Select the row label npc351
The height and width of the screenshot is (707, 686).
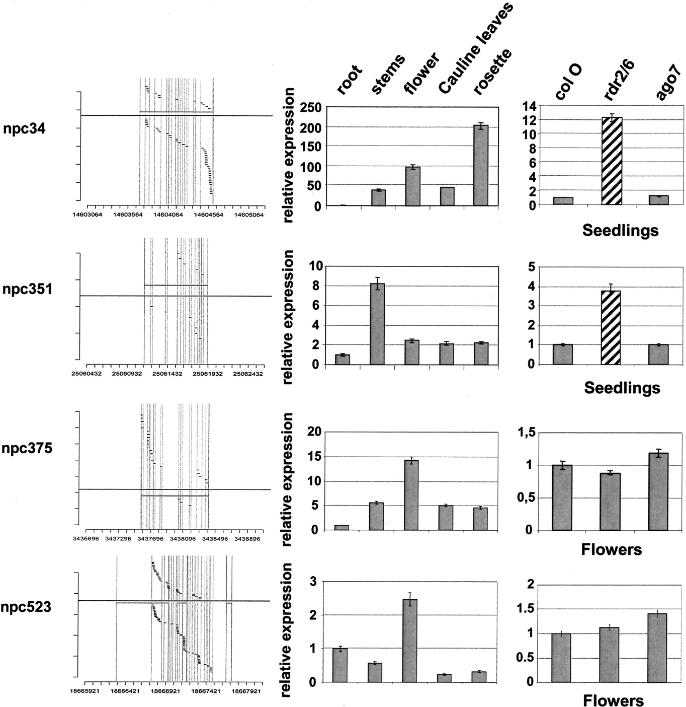point(27,290)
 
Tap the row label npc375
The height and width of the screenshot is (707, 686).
point(27,448)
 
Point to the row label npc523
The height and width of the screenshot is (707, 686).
point(26,607)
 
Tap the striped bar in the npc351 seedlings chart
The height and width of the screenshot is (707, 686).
point(611,327)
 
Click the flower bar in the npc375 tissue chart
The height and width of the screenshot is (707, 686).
point(411,495)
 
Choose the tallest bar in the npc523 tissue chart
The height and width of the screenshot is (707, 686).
point(410,641)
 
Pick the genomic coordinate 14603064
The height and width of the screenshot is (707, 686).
point(88,215)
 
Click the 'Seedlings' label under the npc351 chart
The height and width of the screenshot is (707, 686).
point(622,388)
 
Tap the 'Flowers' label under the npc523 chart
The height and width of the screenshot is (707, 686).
point(613,700)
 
